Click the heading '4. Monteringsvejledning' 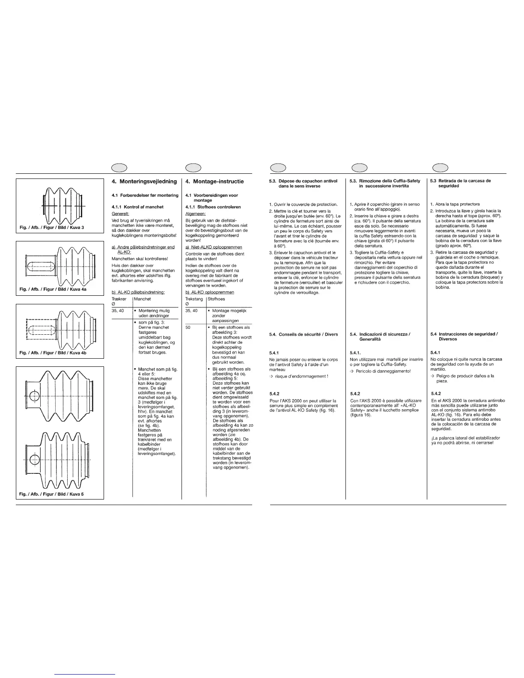tap(144, 181)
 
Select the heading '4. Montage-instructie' tap(214, 181)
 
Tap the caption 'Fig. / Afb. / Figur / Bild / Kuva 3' tap(51, 227)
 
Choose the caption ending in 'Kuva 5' tap(51, 494)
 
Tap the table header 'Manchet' tap(143, 299)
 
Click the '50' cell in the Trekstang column tap(188, 327)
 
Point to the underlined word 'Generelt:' tap(120, 213)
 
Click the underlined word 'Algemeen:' tap(196, 213)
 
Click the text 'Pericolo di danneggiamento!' tap(383, 371)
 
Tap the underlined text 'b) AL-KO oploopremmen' tap(210, 292)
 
